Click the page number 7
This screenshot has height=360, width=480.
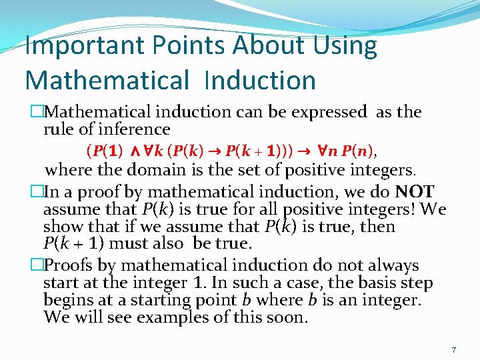pyautogui.click(x=453, y=349)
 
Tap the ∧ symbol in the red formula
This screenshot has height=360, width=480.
pyautogui.click(x=132, y=147)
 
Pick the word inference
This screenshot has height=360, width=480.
pyautogui.click(x=137, y=129)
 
